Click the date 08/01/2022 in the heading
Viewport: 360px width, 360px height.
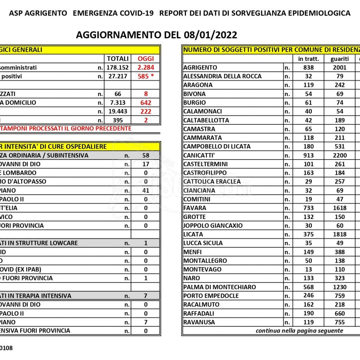pos(210,35)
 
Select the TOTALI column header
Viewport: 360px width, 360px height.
pos(117,59)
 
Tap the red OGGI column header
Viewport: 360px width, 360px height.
pos(146,59)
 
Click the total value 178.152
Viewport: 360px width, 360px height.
pos(117,67)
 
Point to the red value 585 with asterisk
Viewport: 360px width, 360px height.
pos(146,76)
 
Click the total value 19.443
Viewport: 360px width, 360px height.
pos(117,111)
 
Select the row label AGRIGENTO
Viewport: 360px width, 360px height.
pos(200,67)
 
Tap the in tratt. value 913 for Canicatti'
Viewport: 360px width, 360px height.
pos(308,155)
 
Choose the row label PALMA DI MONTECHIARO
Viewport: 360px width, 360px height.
pos(219,287)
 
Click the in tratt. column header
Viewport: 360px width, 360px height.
pos(308,59)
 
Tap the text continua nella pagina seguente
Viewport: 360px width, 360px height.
pos(299,331)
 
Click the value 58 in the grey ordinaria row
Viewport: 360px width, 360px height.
pos(146,155)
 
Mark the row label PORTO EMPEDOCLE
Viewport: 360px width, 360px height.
pos(211,296)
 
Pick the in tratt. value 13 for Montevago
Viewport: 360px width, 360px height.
pos(308,270)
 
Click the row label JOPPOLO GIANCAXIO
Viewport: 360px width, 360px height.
pos(213,226)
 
